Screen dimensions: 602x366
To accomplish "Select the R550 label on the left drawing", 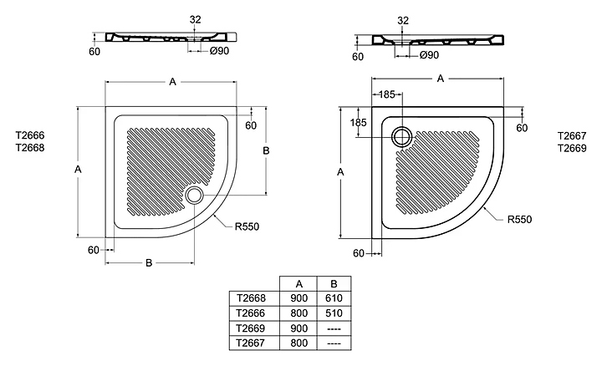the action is pos(247,226).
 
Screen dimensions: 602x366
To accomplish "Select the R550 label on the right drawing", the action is pos(519,220).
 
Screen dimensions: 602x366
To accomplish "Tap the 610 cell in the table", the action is pos(334,298).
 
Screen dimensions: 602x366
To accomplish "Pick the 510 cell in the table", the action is pos(334,313).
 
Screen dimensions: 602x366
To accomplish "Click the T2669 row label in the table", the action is pos(251,328).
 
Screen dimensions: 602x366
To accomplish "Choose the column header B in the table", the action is pos(334,284).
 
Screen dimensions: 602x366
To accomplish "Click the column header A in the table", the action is pos(299,284).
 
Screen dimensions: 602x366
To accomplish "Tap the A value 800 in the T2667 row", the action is pos(298,343).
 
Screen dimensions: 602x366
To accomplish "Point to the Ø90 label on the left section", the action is pos(220,51).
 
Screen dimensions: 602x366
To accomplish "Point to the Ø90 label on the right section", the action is pos(429,55).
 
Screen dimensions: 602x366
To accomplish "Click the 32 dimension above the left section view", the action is pos(195,19).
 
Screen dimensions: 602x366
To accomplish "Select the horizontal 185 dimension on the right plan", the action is pos(386,94).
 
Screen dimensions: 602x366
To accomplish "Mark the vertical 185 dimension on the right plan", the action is pos(358,122).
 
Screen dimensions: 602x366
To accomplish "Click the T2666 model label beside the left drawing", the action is pos(30,135).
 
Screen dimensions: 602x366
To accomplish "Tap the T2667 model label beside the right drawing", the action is pos(572,136).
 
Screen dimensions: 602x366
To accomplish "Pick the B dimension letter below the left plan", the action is pos(149,262).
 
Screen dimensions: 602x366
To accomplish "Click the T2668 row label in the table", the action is pos(251,298).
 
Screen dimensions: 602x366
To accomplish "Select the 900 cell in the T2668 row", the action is pos(298,298).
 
